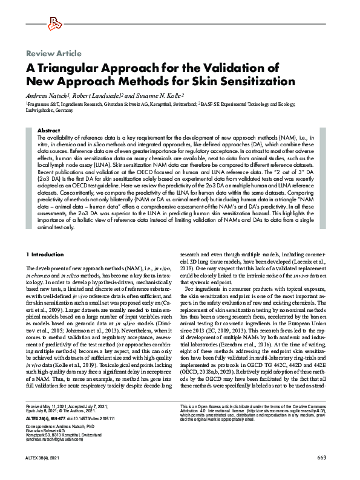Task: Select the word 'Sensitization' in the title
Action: (259, 81)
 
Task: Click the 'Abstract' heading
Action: (48, 131)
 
